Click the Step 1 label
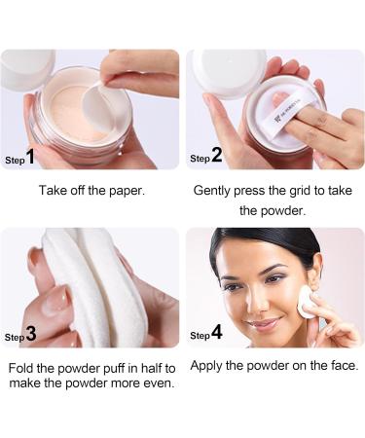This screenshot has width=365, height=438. [20, 157]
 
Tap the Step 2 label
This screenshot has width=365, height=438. [206, 157]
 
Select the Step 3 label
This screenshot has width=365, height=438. [20, 335]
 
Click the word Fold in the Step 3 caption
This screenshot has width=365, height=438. [22, 368]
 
